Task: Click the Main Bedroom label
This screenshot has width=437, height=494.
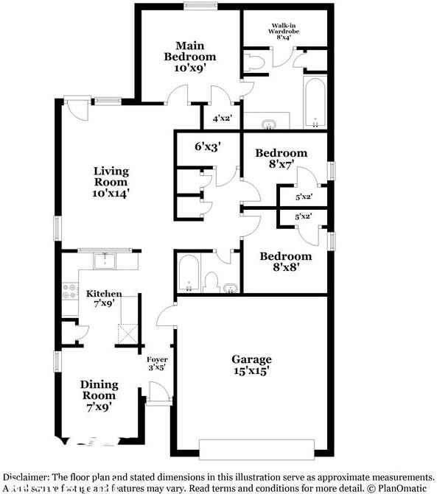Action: tap(189, 57)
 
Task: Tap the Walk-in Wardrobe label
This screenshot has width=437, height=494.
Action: tap(284, 34)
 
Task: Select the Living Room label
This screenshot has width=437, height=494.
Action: tap(111, 183)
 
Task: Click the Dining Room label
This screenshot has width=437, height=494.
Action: tap(99, 395)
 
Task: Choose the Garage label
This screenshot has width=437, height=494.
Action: tap(251, 365)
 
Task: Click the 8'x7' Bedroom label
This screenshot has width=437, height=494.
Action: tap(281, 159)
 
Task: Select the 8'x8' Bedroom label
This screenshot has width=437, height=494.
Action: tap(285, 262)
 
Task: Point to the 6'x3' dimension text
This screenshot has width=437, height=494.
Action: tap(208, 147)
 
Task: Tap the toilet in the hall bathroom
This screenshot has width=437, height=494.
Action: tap(211, 281)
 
